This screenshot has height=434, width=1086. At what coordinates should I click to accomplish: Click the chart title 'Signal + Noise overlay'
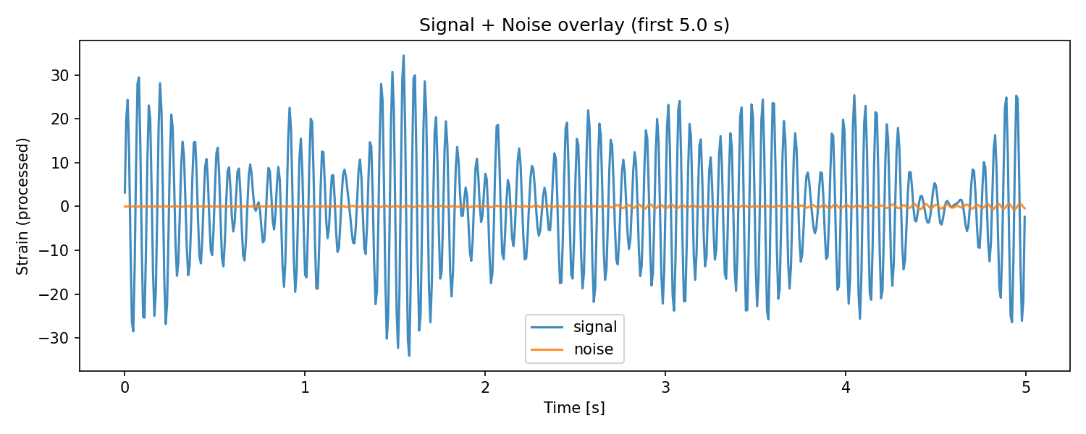(x=522, y=25)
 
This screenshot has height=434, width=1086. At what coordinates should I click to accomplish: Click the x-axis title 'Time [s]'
(x=574, y=408)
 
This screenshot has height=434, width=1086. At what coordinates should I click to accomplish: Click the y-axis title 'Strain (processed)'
(x=22, y=206)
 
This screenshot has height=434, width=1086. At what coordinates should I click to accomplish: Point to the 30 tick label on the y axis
(x=60, y=75)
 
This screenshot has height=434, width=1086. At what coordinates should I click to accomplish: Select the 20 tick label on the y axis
(x=60, y=119)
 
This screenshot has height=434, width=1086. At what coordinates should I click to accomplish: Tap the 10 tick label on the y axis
(x=60, y=163)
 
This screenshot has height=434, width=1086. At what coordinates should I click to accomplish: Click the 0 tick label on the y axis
(x=65, y=206)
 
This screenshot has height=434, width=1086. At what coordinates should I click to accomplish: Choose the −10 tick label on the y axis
(x=54, y=250)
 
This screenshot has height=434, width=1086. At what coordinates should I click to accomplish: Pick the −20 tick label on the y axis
(x=54, y=294)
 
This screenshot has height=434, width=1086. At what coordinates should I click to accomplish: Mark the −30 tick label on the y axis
(x=54, y=338)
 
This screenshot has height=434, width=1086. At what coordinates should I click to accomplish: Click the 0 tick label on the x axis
(x=125, y=388)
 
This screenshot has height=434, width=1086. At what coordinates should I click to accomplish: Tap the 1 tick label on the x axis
(x=305, y=388)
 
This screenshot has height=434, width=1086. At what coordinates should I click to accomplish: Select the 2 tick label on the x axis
(x=485, y=388)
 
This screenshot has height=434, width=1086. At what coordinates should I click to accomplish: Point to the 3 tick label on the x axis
(x=665, y=388)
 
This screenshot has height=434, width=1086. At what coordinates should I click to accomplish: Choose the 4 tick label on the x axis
(x=846, y=388)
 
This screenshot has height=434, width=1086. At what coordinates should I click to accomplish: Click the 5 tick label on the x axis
(x=1026, y=388)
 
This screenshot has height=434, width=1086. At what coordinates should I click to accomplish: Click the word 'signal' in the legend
(x=595, y=328)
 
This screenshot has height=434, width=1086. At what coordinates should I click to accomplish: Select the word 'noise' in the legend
(x=594, y=349)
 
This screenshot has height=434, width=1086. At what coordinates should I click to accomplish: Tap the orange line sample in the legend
(x=547, y=349)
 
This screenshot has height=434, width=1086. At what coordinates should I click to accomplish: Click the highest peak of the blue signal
(x=403, y=56)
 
